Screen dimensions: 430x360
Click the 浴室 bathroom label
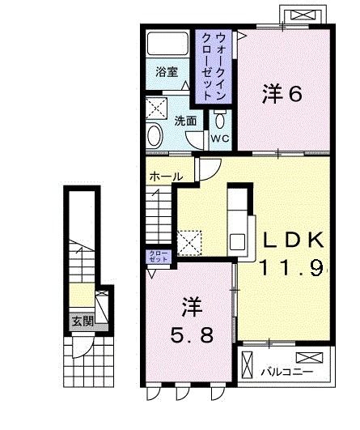coord(167,70)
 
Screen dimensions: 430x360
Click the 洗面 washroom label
coord(185,121)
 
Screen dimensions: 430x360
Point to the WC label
coord(221,138)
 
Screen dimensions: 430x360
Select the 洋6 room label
coord(282,95)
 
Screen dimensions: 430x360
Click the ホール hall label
coord(163,176)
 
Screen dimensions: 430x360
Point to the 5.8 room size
coord(192,334)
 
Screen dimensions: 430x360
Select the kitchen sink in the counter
coord(238,241)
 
